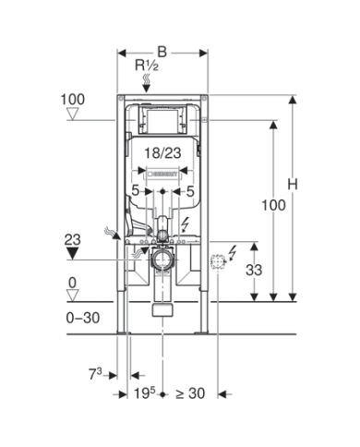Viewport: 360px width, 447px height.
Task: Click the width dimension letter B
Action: point(162,53)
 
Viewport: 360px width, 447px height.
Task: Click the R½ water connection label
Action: point(147,66)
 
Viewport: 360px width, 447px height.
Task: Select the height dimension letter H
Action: point(293,185)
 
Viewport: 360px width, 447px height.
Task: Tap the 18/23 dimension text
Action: point(162,153)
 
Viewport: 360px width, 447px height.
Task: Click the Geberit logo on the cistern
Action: point(162,174)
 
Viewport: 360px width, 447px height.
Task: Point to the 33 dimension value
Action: point(254,270)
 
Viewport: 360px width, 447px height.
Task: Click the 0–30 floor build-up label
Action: point(83,318)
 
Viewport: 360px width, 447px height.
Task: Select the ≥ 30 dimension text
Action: point(190,393)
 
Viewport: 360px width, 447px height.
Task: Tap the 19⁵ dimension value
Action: point(145,393)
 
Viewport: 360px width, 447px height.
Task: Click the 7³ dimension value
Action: point(95,374)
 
